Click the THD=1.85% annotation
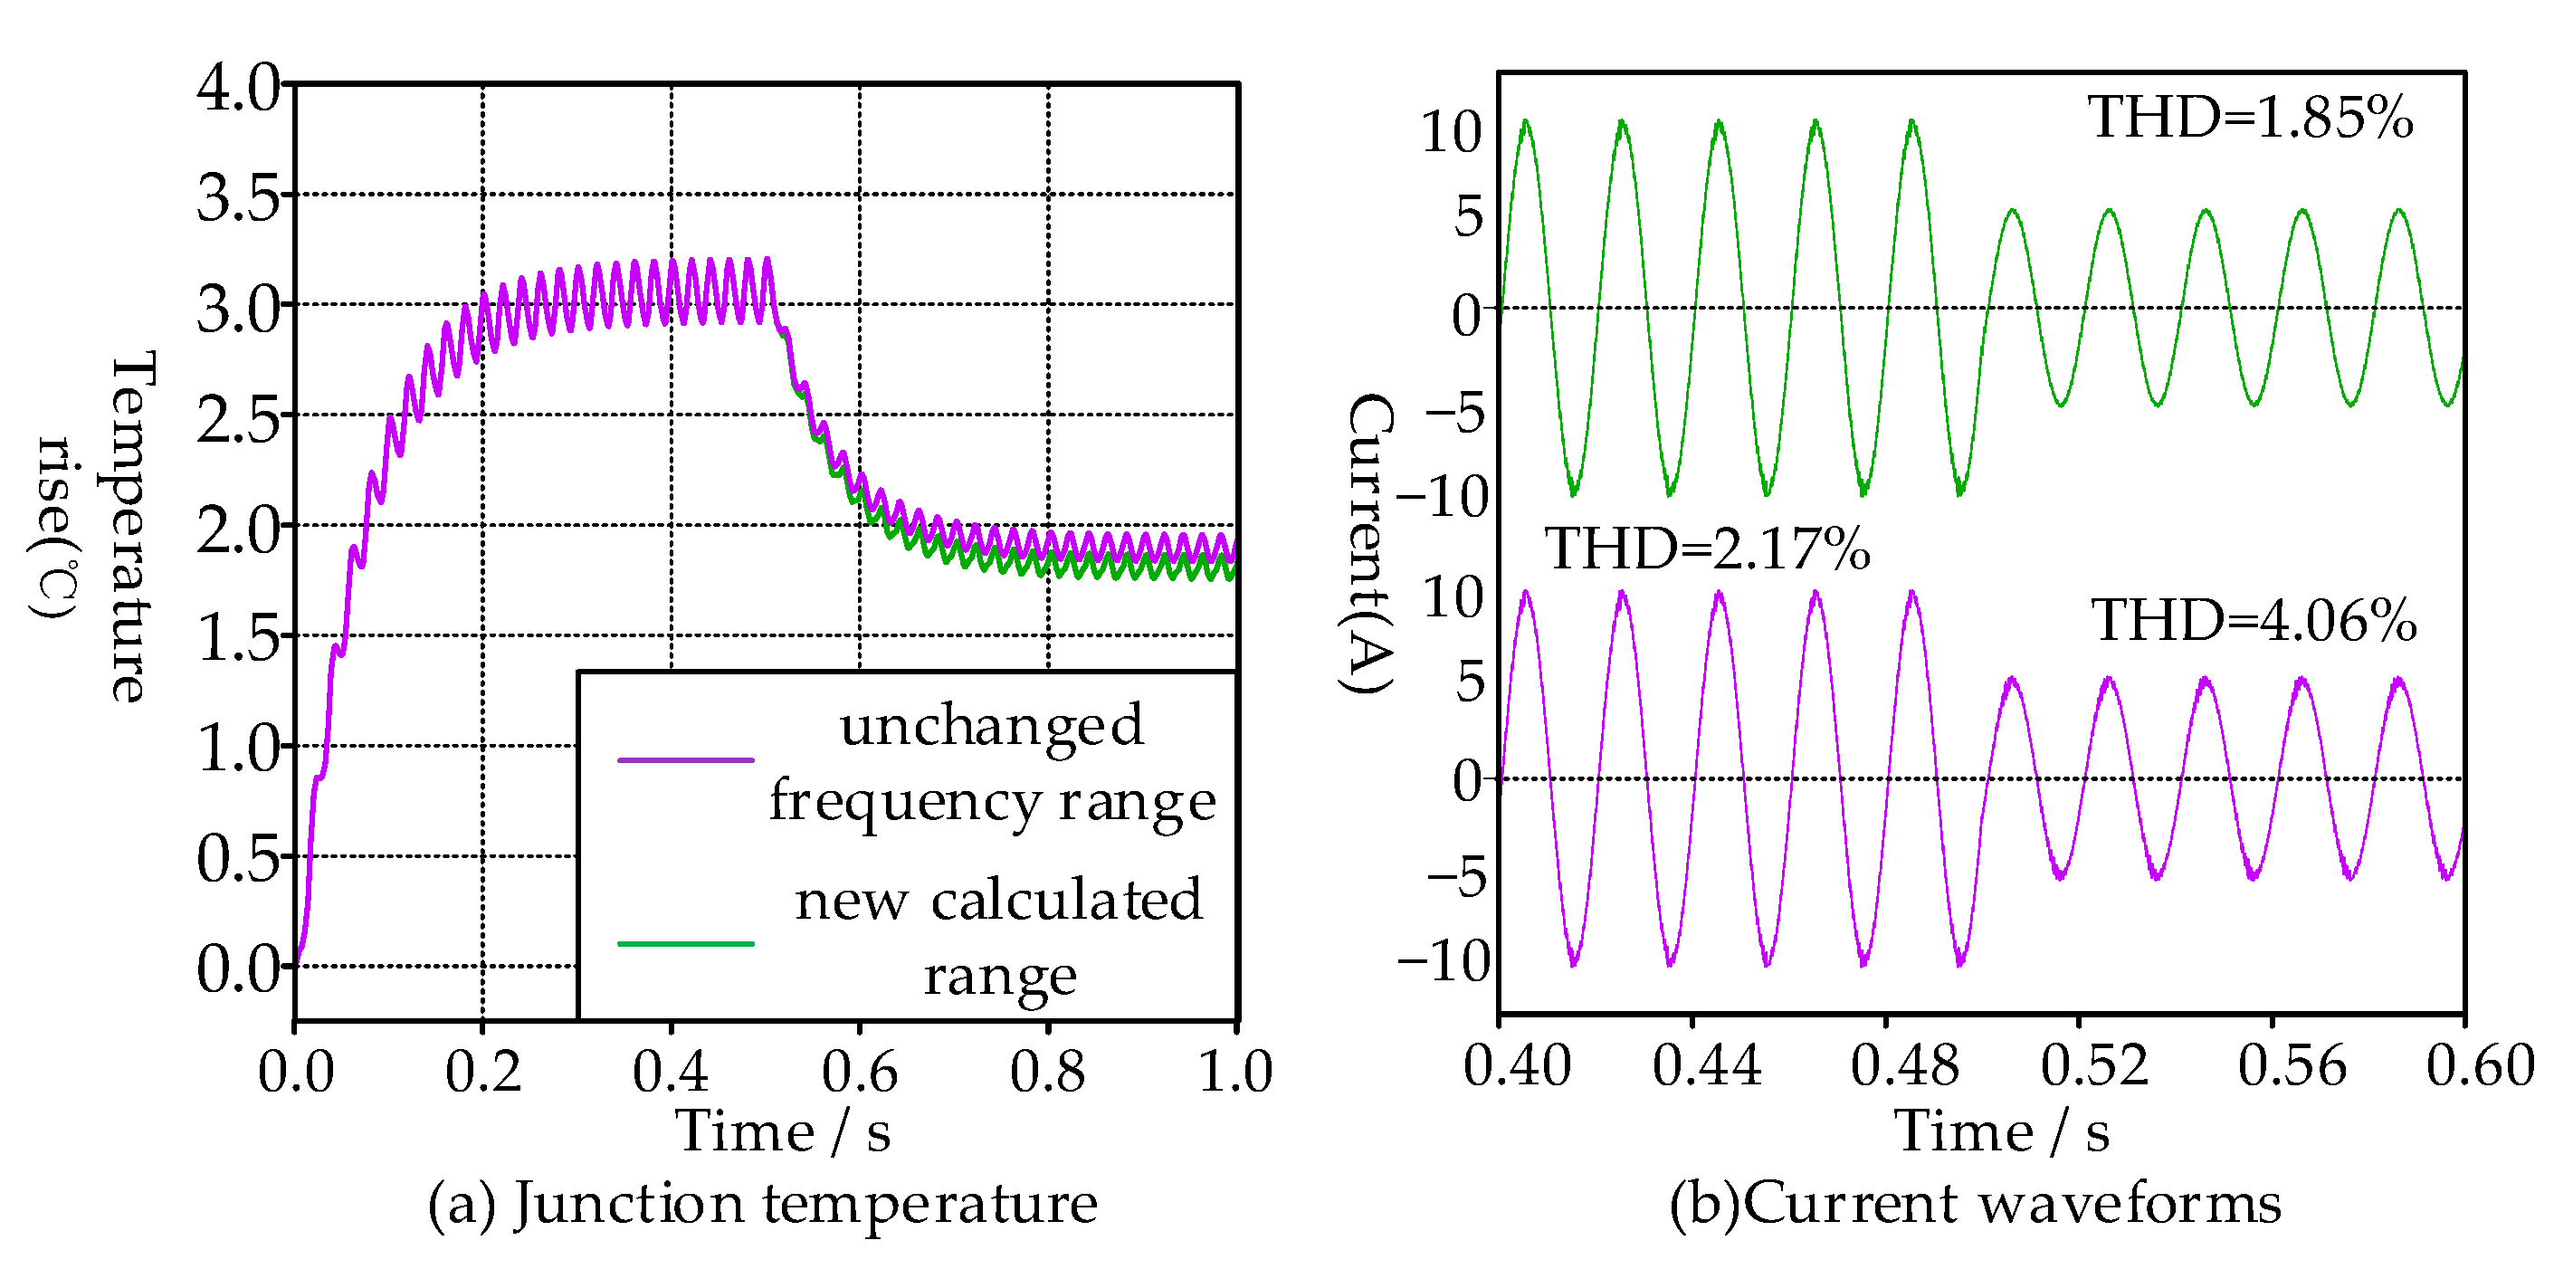tap(2249, 118)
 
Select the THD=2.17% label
tap(1707, 549)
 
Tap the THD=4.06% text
tap(2254, 621)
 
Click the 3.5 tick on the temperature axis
tap(238, 196)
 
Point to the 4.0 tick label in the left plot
tap(238, 87)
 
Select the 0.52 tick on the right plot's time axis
tap(2094, 1065)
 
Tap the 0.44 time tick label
tap(1706, 1065)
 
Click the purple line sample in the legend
tap(685, 760)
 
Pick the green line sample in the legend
tap(685, 943)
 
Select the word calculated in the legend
tap(1067, 900)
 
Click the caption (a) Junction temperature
tap(763, 1202)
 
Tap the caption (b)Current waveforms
tap(1976, 1202)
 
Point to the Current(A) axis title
tap(1370, 544)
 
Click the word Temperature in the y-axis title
tap(132, 526)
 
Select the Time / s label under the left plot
tap(783, 1132)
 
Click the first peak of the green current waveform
tap(1525, 123)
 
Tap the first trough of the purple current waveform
tap(1574, 963)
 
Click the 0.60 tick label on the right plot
tap(2480, 1065)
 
